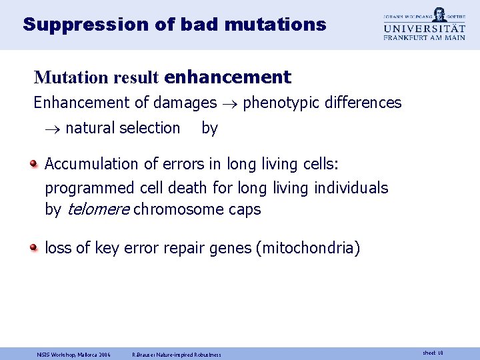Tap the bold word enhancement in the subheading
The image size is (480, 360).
click(227, 77)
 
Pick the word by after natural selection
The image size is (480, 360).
click(209, 128)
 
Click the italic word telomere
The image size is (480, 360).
click(98, 209)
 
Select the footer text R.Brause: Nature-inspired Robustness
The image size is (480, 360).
click(177, 354)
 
